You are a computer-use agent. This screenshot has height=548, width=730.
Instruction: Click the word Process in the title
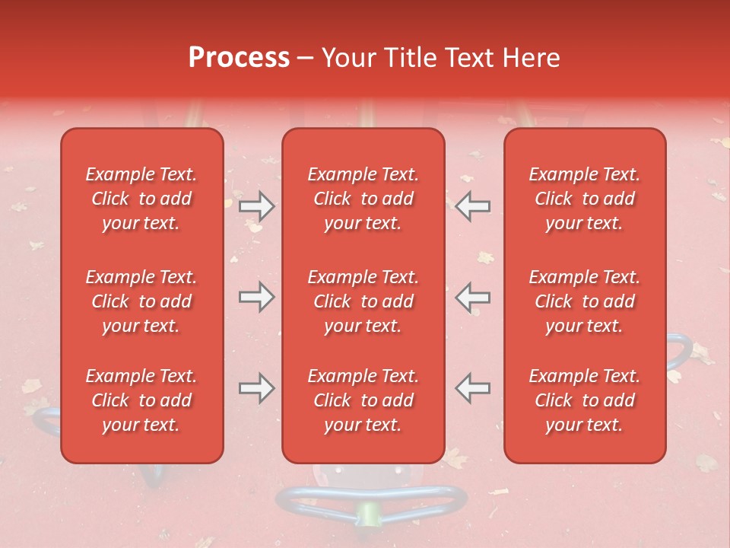239,57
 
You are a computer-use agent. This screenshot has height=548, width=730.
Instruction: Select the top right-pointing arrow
257,205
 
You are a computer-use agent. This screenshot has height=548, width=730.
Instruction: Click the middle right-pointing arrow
257,297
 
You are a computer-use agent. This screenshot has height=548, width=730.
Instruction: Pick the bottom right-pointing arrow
257,388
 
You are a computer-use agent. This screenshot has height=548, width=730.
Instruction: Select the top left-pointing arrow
473,205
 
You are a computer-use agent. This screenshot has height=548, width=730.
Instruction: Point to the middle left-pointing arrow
473,297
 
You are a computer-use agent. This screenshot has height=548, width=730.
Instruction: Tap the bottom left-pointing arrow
473,388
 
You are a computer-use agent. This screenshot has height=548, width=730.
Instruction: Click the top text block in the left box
141,199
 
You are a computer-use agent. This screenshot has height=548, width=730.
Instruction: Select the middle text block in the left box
141,301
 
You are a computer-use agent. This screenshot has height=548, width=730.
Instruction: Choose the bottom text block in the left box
141,400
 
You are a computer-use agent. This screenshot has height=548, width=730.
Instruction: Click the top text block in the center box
363,199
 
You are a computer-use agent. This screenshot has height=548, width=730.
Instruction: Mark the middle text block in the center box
363,301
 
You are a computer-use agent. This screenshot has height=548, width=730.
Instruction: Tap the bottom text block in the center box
363,400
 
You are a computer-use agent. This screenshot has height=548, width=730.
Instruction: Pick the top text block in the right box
585,199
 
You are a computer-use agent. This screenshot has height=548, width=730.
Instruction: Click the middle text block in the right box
585,301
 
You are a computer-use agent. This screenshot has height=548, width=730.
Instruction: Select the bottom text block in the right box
585,400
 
